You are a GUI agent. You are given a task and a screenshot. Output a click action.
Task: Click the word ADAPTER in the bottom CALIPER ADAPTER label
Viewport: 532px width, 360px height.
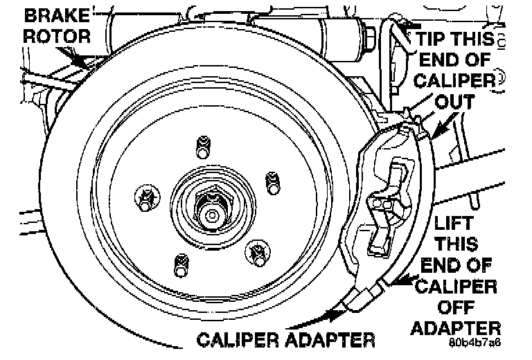pos(328,340)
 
